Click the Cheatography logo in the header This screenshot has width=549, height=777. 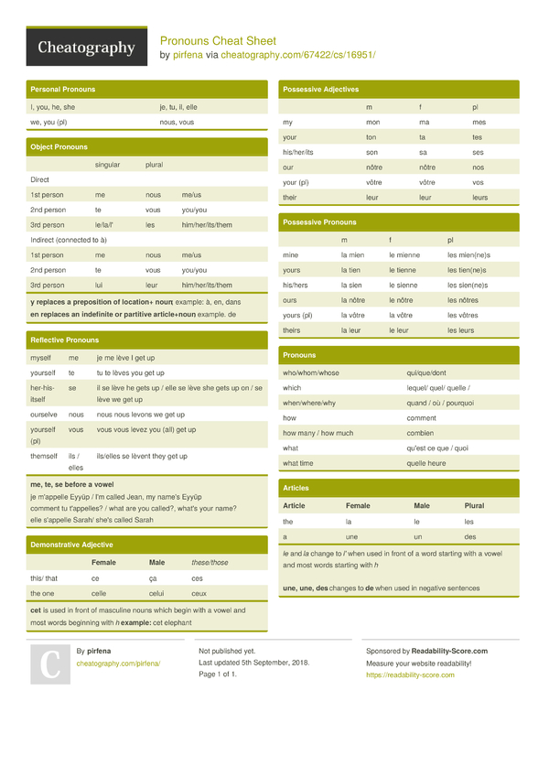click(88, 48)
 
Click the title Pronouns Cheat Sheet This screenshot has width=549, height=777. click(218, 41)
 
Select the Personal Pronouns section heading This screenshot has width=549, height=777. click(62, 90)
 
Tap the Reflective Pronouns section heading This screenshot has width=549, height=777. click(64, 340)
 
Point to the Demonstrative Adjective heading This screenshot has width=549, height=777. click(71, 545)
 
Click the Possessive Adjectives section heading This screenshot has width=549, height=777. click(320, 90)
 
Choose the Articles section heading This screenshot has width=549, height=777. click(296, 489)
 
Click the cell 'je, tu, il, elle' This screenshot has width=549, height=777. click(178, 107)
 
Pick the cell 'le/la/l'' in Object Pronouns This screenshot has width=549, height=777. click(105, 225)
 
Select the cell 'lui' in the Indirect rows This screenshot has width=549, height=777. click(100, 286)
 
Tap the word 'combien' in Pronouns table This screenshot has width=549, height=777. click(421, 433)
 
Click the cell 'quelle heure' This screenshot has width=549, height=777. click(426, 463)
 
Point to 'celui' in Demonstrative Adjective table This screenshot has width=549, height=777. click(157, 593)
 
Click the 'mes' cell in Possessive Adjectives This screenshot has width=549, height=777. click(479, 123)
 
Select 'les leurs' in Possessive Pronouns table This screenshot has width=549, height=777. click(460, 330)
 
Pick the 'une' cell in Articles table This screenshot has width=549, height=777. click(351, 536)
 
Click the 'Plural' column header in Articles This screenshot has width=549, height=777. click(474, 506)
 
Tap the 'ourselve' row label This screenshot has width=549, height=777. click(43, 415)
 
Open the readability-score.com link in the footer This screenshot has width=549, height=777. click(409, 675)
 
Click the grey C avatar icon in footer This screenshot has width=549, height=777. click(49, 664)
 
